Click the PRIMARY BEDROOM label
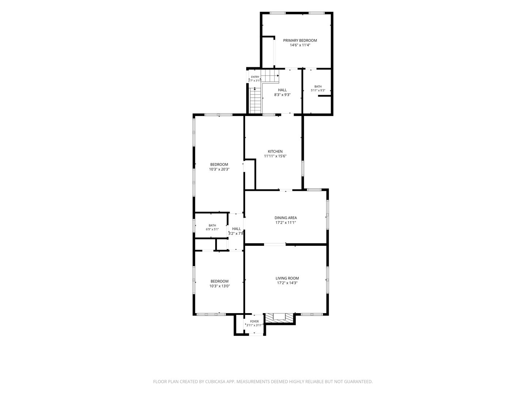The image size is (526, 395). [x=300, y=41]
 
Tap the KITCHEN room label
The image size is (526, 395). [x=275, y=151]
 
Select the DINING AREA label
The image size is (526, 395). [x=285, y=218]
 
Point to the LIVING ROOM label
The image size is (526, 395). [x=287, y=278]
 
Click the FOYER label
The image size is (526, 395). [x=254, y=321]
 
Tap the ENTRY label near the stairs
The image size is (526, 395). [x=255, y=77]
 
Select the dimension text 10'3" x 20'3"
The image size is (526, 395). [x=219, y=169]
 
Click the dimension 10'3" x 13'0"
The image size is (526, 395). [x=219, y=286]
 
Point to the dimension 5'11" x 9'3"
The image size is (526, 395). [x=318, y=90]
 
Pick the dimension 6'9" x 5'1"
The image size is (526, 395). [x=212, y=229]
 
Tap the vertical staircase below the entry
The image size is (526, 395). [x=255, y=100]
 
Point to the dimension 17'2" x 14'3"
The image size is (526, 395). [x=287, y=283]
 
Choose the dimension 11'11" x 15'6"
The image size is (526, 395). [x=275, y=156]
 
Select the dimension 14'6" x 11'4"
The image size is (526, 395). [x=300, y=45]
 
